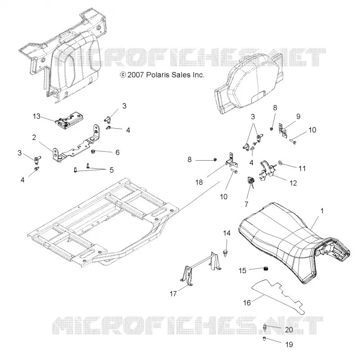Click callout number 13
tap(36, 117)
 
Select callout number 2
tap(34, 138)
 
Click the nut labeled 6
tap(93, 152)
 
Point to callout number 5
tap(112, 170)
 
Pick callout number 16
tap(247, 303)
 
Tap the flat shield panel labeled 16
tap(278, 297)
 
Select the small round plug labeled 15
tap(266, 268)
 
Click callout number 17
tap(173, 294)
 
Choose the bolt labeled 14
tap(225, 253)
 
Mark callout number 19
tap(289, 344)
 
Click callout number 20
tap(289, 330)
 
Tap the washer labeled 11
tap(280, 163)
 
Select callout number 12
tap(293, 183)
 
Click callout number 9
tap(298, 117)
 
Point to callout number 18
tap(199, 182)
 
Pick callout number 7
tap(246, 204)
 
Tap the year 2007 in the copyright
tap(135, 75)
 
